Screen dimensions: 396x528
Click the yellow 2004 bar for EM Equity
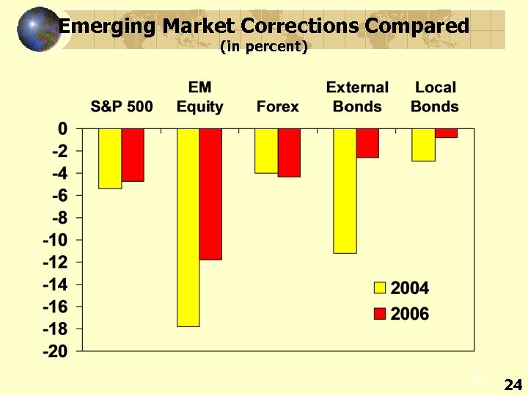point(188,227)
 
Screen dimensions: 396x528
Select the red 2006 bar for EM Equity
point(210,194)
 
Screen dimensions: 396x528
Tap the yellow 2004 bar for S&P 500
point(110,158)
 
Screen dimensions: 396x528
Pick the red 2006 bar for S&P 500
point(133,155)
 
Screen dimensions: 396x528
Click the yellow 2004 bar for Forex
point(266,151)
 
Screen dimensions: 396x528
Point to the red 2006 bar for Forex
point(289,153)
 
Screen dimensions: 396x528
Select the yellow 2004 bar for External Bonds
point(345,191)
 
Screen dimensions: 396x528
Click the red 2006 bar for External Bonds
point(367,143)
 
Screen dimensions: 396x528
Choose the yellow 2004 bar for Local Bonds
point(423,144)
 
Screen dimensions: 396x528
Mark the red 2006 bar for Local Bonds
point(446,133)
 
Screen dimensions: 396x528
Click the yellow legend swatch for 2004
point(380,288)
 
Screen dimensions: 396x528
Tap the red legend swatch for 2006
point(380,314)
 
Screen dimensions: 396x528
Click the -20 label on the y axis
point(55,351)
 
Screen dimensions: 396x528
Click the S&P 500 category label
point(122,106)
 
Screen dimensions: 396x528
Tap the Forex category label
point(278,106)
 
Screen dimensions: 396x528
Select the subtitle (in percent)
point(263,46)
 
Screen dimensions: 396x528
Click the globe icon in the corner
point(37,29)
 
